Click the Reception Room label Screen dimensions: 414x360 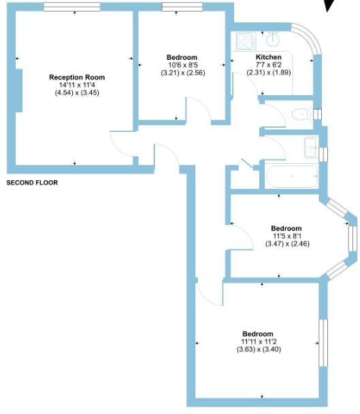tap(75, 77)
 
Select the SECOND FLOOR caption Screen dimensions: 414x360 tap(32, 183)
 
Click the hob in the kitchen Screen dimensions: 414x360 tap(244, 40)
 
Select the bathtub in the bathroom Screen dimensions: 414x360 tap(291, 177)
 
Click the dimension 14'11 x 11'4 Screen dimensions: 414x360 tap(75, 84)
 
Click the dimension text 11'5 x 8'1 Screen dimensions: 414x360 tap(286, 236)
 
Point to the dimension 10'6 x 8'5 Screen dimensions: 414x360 tap(182, 65)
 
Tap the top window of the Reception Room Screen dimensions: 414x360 tap(73, 7)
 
